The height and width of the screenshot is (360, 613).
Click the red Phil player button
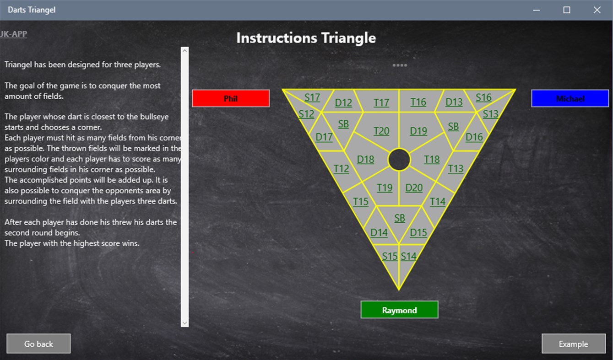pyautogui.click(x=231, y=98)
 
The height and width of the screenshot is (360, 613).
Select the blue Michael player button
pyautogui.click(x=570, y=98)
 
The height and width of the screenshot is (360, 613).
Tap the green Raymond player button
pyautogui.click(x=399, y=310)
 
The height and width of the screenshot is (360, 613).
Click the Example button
pyautogui.click(x=573, y=344)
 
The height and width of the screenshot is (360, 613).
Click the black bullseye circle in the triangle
pyautogui.click(x=399, y=160)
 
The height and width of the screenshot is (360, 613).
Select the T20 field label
pyautogui.click(x=381, y=131)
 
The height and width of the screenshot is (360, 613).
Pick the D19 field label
pyautogui.click(x=418, y=131)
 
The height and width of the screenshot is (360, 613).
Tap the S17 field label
pyautogui.click(x=312, y=97)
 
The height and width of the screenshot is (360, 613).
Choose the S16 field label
pyautogui.click(x=483, y=97)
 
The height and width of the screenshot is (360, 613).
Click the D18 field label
pyautogui.click(x=365, y=159)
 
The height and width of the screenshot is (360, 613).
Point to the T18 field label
pyautogui.click(x=432, y=159)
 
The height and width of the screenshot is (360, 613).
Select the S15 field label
pyautogui.click(x=390, y=256)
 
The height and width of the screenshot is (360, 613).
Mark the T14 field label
pyautogui.click(x=438, y=201)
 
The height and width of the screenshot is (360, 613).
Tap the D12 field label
pyautogui.click(x=343, y=103)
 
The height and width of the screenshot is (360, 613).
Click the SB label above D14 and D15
pyautogui.click(x=400, y=218)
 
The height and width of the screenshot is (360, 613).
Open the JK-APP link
pyautogui.click(x=14, y=34)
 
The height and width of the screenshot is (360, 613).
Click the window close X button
pyautogui.click(x=597, y=10)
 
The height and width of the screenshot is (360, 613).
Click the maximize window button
pyautogui.click(x=567, y=10)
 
